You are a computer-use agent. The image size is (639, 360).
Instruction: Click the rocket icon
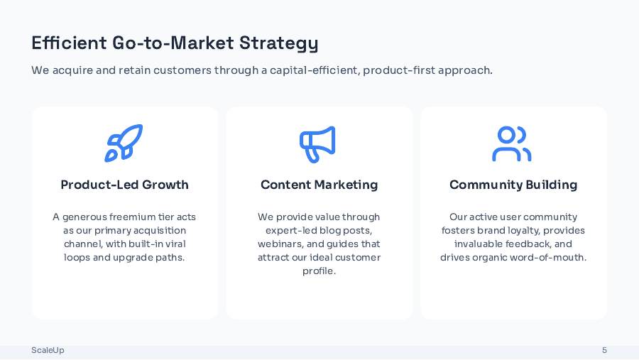(x=124, y=143)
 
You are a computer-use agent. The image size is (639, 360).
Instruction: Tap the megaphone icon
(x=317, y=144)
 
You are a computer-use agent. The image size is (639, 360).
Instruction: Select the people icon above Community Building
(x=511, y=144)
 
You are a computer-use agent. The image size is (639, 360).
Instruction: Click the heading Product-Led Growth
(x=124, y=185)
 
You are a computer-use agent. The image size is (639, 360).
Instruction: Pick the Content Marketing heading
(x=319, y=185)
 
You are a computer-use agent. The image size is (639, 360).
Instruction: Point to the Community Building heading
(x=513, y=185)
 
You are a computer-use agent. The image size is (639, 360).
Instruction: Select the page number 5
(x=604, y=350)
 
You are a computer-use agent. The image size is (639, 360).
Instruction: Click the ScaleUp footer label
(x=48, y=350)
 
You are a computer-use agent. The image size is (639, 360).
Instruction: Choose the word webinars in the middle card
(x=280, y=244)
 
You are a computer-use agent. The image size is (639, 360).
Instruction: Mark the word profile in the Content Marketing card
(x=319, y=271)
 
